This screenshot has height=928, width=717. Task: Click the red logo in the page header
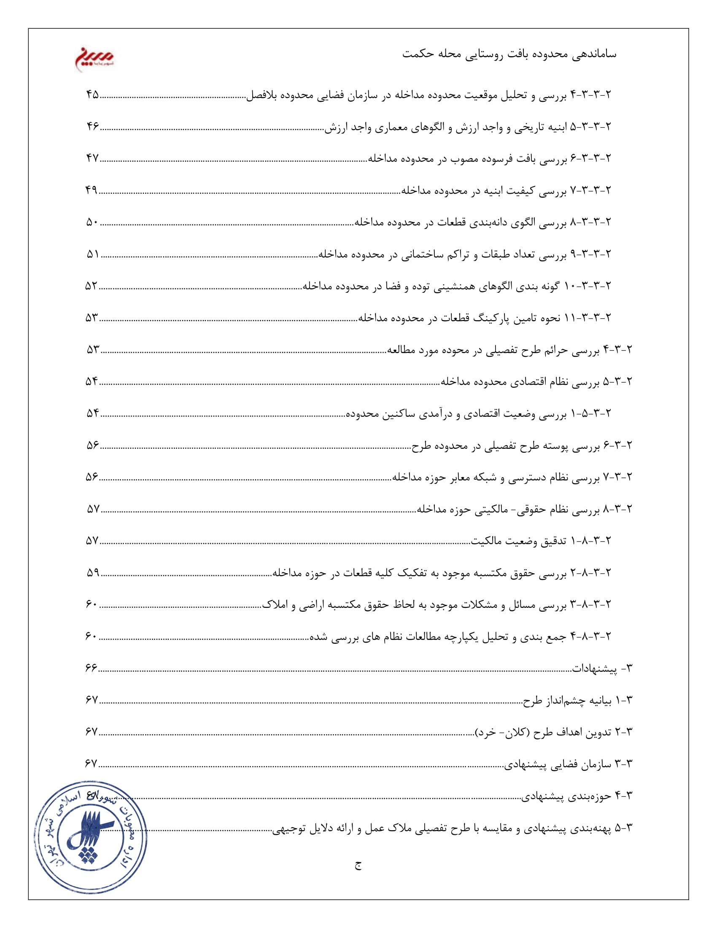coord(94,58)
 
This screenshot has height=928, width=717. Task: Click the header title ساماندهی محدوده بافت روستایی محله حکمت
coord(509,54)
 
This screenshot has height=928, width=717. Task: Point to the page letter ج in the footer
coord(358,866)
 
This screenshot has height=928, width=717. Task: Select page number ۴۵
coord(93,94)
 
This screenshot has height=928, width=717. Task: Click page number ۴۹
coord(92,190)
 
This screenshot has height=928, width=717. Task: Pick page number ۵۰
coord(93,222)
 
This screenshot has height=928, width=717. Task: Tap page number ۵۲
coord(92,286)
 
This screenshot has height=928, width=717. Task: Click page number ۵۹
coord(93,573)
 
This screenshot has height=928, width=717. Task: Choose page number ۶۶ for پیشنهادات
coord(92,668)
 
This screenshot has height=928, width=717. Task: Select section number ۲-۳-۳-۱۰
coord(588,286)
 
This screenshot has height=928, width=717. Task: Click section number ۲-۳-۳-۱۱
coord(588,318)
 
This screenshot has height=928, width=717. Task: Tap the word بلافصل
coord(261,95)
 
